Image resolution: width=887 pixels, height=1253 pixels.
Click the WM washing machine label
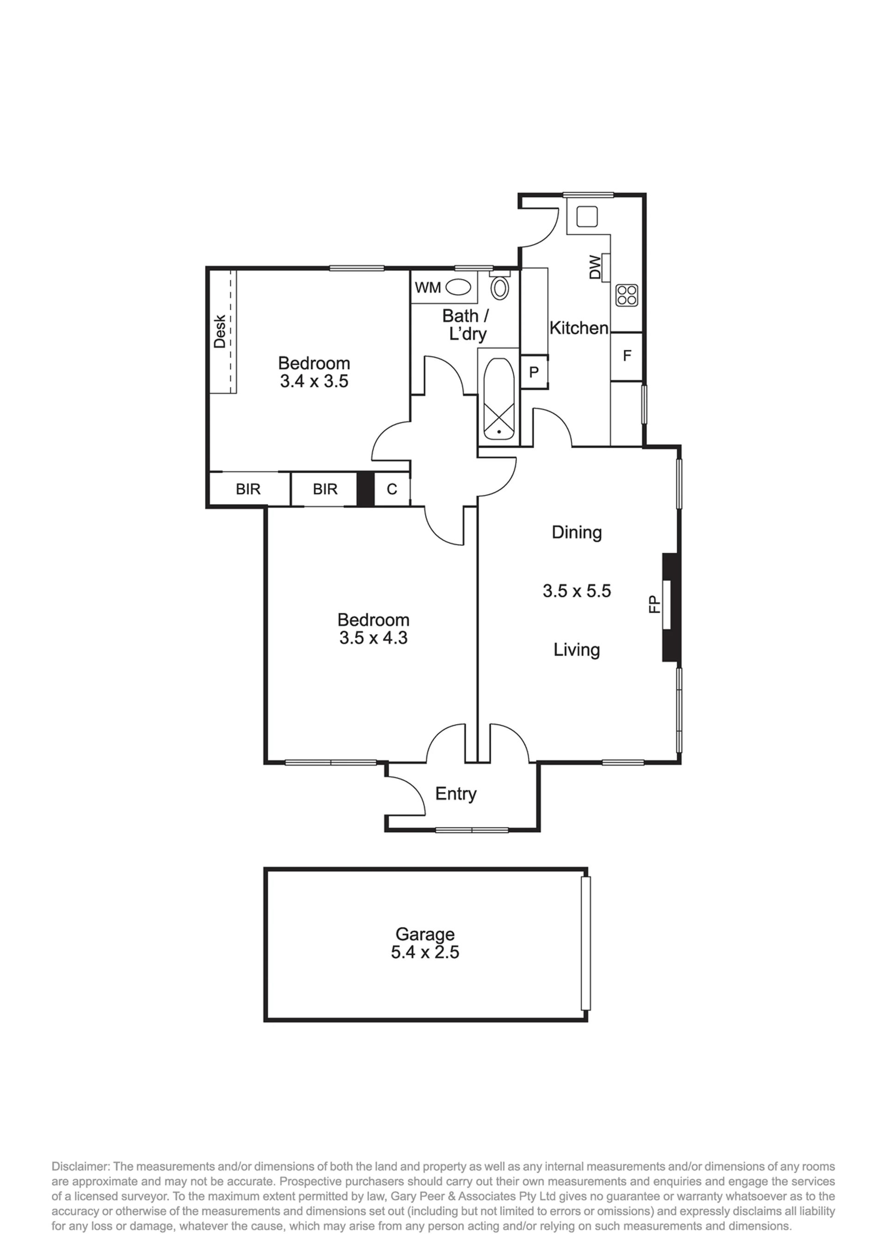428,288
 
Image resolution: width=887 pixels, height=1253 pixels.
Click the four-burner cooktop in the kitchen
626,296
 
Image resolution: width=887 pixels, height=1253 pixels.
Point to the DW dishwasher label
595,267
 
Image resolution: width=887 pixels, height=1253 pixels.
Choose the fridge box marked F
626,356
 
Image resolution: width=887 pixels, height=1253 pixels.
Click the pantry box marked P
534,372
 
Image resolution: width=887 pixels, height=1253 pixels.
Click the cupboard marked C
392,489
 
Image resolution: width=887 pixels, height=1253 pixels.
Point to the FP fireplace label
654,605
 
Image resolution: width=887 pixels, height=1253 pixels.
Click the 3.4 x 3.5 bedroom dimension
314,381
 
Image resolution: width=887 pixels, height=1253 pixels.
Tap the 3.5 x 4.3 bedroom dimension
374,638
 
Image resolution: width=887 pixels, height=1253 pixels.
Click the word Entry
456,794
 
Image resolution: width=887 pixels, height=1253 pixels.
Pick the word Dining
577,533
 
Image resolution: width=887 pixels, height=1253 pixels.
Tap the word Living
577,650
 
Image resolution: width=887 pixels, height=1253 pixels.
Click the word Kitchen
579,328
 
